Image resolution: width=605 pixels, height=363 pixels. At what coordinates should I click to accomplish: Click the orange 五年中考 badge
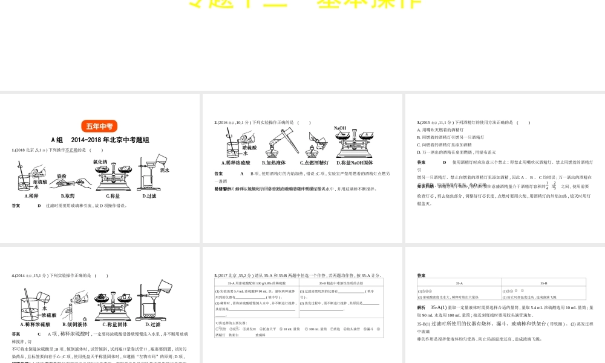tap(99, 126)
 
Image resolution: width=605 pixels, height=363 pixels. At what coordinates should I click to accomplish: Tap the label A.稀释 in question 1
tap(31, 195)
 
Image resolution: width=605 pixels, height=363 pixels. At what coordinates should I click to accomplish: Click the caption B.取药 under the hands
tap(67, 195)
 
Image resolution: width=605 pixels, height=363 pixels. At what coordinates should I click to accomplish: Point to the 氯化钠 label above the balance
tap(100, 162)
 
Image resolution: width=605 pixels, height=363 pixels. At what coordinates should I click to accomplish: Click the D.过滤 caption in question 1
tap(149, 195)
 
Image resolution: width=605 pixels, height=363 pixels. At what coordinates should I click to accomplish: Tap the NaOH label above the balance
tap(340, 128)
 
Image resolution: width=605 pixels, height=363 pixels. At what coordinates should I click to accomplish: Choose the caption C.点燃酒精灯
tap(314, 163)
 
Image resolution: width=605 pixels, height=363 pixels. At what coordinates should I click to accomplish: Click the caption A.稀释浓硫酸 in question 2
tap(235, 163)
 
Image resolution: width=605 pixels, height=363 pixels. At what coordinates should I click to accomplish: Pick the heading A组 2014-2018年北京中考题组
tap(99, 140)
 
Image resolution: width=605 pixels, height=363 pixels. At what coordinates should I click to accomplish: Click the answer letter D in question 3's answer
tap(444, 162)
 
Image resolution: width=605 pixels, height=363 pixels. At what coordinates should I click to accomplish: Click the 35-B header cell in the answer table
tap(543, 283)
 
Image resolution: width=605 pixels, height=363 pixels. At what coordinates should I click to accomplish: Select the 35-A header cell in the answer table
tap(459, 283)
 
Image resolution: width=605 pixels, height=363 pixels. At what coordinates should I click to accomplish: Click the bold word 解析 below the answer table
tap(422, 308)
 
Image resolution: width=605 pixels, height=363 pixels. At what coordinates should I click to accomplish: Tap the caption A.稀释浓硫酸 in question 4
tap(34, 324)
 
